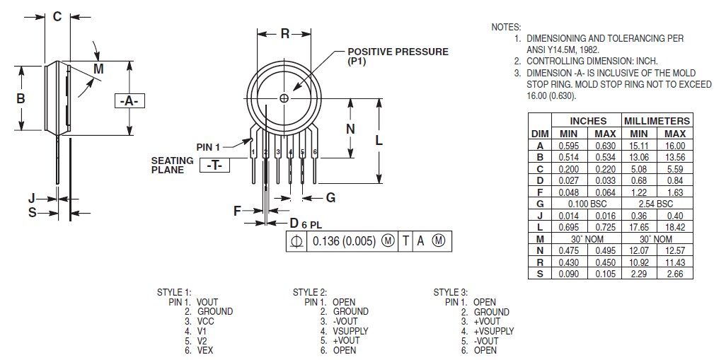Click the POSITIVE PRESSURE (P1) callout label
coord(397,57)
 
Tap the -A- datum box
coord(128,101)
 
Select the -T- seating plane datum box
coord(215,165)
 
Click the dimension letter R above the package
coord(284,33)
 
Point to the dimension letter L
coord(379,140)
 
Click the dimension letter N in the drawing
coord(350,128)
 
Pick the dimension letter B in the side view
coord(21,98)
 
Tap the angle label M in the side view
coord(98,69)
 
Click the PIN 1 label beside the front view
coord(209,146)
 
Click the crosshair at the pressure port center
coord(284,99)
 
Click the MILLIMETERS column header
coord(656,121)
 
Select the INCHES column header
coord(587,121)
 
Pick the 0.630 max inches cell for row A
coord(604,146)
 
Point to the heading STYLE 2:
coord(309,292)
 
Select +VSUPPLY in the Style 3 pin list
coord(494,331)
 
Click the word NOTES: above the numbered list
coord(505,27)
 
